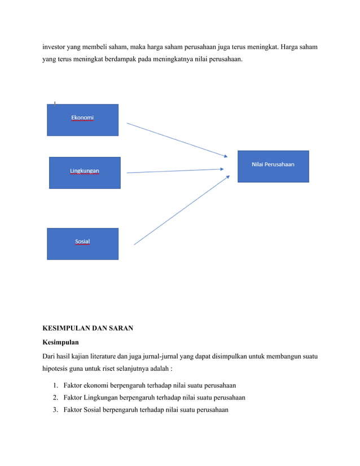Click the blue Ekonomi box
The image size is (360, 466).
point(82,120)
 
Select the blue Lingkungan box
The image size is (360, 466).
point(85,172)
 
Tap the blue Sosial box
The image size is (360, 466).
point(82,243)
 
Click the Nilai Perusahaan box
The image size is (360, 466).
point(273,166)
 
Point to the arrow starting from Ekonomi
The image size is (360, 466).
point(176,139)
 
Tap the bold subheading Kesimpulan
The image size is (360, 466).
point(62,341)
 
